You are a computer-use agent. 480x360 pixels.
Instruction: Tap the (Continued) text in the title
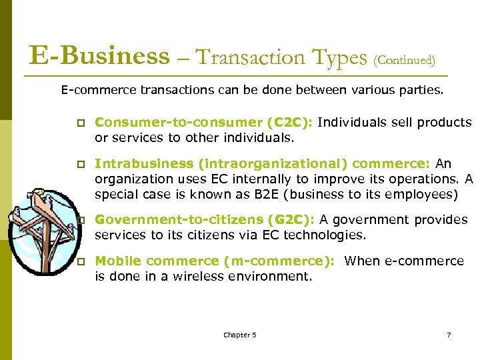pos(405,61)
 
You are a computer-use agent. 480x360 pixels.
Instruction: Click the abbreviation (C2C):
pos(290,123)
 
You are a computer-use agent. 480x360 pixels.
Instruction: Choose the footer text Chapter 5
pos(240,335)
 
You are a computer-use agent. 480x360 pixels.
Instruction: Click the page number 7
pos(449,335)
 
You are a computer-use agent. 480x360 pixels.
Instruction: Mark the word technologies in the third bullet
pos(325,234)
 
